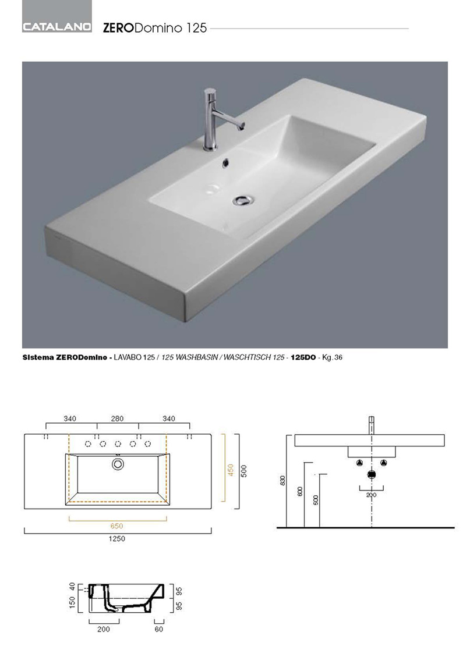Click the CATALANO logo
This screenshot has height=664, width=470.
point(57,27)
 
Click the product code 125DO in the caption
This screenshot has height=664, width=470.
point(303,357)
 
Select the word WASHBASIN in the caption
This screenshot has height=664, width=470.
point(195,357)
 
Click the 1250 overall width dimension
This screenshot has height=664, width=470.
point(117,539)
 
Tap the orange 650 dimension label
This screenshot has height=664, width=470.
point(116,526)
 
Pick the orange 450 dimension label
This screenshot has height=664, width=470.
point(231,470)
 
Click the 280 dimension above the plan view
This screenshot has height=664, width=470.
point(118,418)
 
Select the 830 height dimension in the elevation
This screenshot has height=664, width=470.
point(282,481)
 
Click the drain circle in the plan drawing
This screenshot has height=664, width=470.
point(118,464)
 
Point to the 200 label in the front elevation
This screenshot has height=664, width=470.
point(371,495)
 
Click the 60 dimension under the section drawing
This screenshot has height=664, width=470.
point(159,629)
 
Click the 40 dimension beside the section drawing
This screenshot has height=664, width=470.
point(72,587)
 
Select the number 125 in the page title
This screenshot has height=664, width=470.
point(197,28)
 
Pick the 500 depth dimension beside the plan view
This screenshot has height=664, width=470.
point(243,471)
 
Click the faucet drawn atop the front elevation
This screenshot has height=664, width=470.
point(371,425)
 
